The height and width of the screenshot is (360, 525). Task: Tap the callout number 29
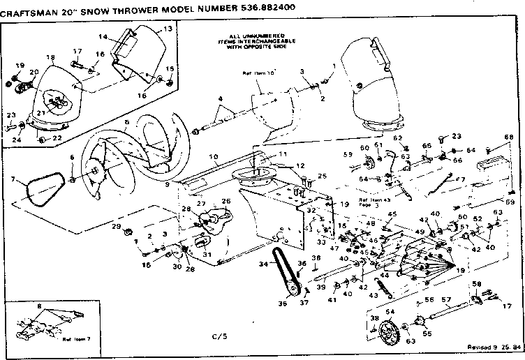tap(117, 227)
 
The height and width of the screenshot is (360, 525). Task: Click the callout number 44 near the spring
tap(384, 276)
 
